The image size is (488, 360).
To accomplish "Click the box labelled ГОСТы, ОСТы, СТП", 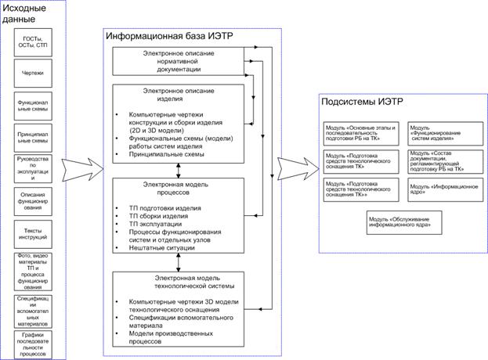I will (33, 41).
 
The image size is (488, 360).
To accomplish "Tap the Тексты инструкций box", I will (33, 232).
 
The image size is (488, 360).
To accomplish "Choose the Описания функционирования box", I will (33, 200).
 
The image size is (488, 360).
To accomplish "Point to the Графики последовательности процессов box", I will (33, 343).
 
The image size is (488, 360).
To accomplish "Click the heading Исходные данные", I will (26, 13).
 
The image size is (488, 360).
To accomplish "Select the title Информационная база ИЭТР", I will (157, 36).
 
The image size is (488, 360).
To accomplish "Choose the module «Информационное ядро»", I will (443, 189).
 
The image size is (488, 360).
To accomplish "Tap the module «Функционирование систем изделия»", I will (443, 131).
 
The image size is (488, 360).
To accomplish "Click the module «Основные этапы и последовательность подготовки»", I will (361, 131).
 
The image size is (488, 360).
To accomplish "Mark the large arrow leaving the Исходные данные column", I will (80, 164).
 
